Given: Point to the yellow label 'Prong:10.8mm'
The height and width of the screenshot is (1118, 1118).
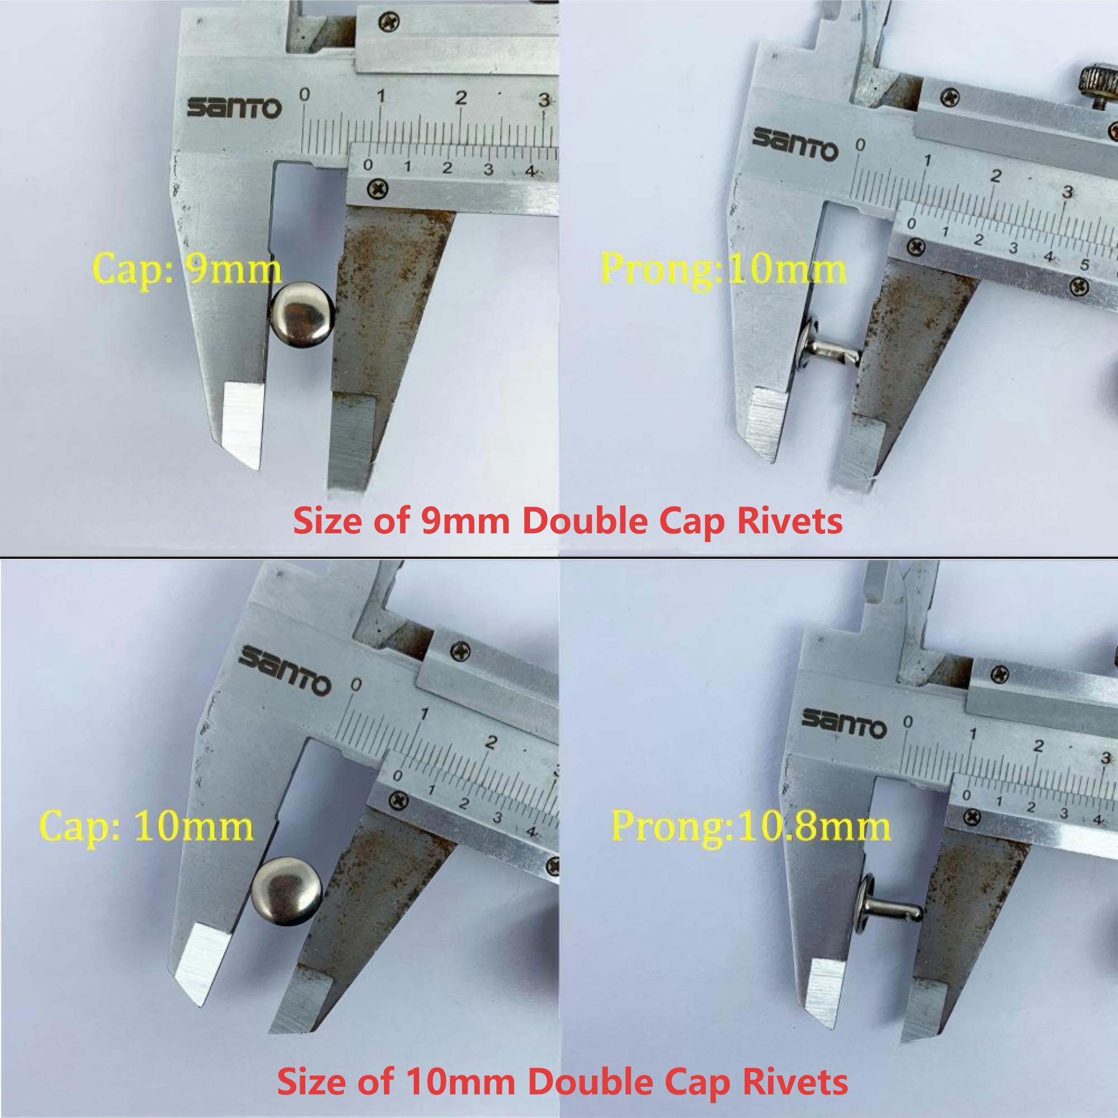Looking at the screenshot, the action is [751, 826].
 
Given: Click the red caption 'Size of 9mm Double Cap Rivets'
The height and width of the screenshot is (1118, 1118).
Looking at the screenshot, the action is [568, 521].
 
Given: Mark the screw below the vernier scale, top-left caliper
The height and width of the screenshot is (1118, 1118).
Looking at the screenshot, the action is [379, 188].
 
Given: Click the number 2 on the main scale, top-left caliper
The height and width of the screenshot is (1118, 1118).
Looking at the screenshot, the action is [460, 98].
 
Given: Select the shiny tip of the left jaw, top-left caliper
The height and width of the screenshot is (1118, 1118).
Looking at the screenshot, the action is [242, 422].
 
